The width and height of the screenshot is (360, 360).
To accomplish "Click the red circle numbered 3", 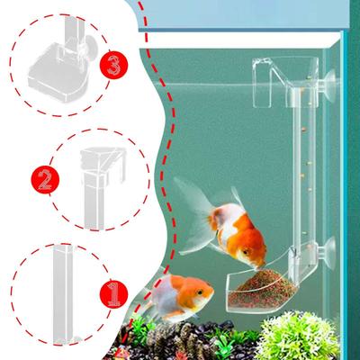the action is pos(113,65).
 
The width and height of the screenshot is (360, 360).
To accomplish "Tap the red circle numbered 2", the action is pos(45,180).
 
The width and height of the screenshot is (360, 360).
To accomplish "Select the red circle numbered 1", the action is pos(113,293).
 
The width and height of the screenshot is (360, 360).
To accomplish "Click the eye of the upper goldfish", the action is pos(246,251).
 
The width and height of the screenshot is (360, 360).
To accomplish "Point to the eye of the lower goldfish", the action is pos(199,292).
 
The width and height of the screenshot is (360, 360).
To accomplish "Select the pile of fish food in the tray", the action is pos(261,287).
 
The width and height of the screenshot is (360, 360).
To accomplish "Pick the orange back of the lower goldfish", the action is pos(187,283).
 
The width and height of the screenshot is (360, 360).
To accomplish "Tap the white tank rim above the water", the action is pos(240,40).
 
